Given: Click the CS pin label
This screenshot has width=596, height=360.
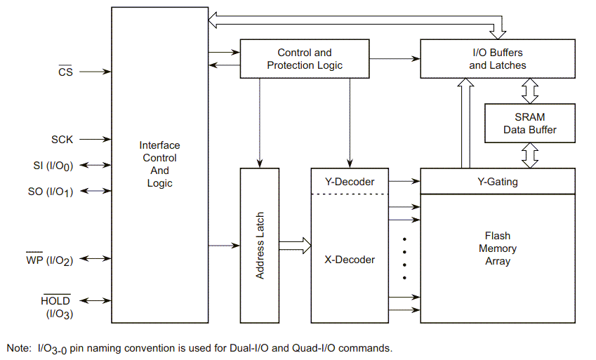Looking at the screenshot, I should pos(65,72).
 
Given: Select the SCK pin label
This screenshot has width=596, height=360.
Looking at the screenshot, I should pos(62,140).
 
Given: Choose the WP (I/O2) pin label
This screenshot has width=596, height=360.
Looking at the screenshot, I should pos(53,260).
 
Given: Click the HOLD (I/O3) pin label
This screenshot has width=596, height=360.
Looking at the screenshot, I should pos(56,307).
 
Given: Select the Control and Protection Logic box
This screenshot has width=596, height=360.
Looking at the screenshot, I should pos(305,59).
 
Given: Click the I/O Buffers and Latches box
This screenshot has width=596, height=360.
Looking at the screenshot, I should pos(497,59).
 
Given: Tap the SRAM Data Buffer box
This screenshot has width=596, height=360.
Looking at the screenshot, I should pos(529,124).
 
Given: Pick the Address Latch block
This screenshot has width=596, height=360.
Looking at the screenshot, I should pos(260,246).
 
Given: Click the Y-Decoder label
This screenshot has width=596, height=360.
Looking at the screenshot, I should pos(349,182).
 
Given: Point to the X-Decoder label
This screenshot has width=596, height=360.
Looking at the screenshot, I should pos(349,260).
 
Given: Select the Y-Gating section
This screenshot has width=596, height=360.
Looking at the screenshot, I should pos(497,182).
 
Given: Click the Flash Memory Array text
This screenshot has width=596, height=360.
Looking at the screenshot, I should pos(497,248).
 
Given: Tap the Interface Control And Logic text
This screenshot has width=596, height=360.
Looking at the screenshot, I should pos(159,164).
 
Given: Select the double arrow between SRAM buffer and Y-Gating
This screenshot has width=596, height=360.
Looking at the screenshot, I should pos(529,155).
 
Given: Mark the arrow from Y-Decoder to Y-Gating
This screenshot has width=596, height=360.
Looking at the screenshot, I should pos(404,182).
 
